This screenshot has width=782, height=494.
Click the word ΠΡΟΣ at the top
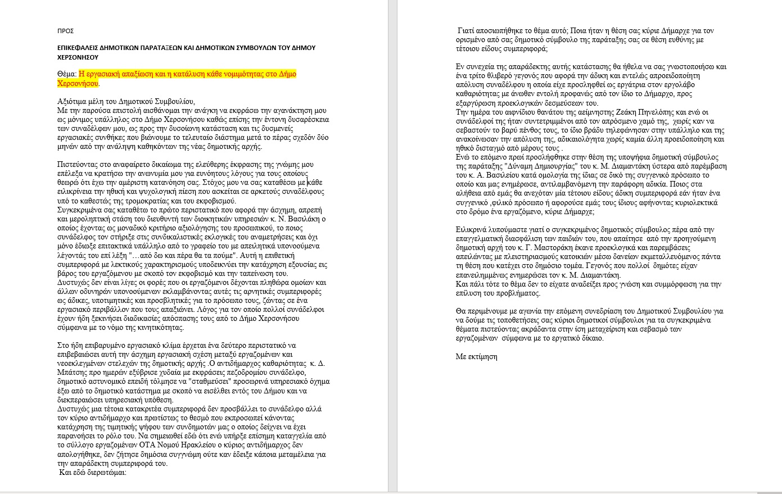(66, 31)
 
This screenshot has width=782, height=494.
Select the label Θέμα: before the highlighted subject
(67, 74)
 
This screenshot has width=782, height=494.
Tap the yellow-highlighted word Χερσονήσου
(78, 83)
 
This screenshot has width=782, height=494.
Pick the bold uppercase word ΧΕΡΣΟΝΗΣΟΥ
(78, 57)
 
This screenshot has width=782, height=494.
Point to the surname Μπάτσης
(73, 373)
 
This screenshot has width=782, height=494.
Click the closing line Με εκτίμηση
(476, 357)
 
